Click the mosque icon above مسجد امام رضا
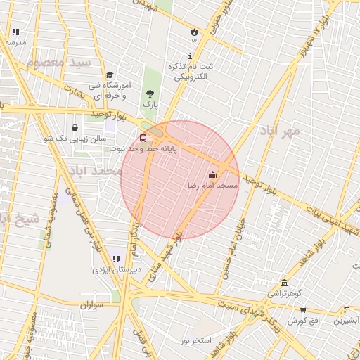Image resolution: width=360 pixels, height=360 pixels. coord(212,174)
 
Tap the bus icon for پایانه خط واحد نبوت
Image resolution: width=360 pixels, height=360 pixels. coord(143,138)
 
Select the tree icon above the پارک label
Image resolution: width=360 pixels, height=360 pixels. coord(148,93)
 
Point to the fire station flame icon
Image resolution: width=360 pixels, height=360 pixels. coord(194,32)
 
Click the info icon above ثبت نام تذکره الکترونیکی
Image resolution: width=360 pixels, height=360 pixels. coord(189,56)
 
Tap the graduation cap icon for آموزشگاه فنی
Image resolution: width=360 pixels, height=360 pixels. coord(109,75)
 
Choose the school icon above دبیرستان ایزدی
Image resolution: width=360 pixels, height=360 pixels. coord(115,259)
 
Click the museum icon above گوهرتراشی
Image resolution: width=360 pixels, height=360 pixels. coord(284,281)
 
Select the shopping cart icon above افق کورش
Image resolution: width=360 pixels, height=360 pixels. coord(303,309)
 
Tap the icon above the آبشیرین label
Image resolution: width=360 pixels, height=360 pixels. coord(347,309)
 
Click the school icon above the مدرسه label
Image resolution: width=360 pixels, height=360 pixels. coord(15,32)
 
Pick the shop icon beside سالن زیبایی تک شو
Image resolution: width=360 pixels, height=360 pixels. coord(75,128)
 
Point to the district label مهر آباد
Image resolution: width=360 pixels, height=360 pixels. coord(279,131)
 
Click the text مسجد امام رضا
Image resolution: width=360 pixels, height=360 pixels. coord(212,185)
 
